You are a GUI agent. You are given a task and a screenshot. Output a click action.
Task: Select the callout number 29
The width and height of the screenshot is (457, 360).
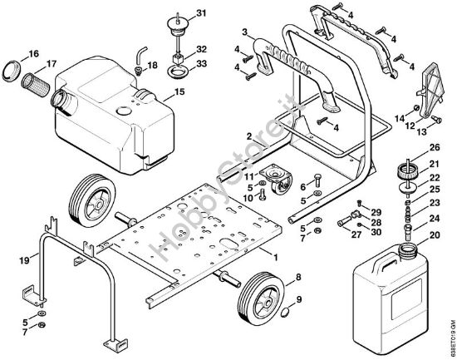pos(376,212)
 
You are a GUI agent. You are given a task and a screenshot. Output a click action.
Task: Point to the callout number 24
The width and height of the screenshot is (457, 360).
pos(435,219)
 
